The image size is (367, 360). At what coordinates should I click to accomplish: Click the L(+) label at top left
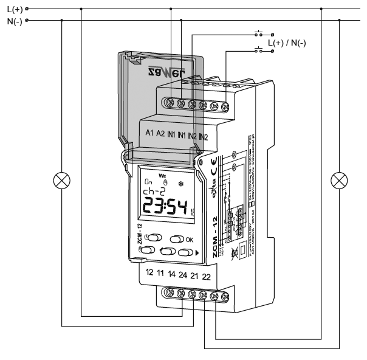tap(13, 9)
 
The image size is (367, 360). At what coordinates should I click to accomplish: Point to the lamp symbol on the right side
tap(338, 181)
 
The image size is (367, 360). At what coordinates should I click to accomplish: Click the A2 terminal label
tap(161, 133)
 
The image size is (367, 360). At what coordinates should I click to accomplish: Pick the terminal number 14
tap(172, 275)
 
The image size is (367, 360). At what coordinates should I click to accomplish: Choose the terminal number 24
tap(183, 275)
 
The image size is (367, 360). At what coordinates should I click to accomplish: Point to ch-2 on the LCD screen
tap(153, 192)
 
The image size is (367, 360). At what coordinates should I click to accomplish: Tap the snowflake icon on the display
tap(179, 182)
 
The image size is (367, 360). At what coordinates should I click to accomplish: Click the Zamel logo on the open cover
tap(159, 74)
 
